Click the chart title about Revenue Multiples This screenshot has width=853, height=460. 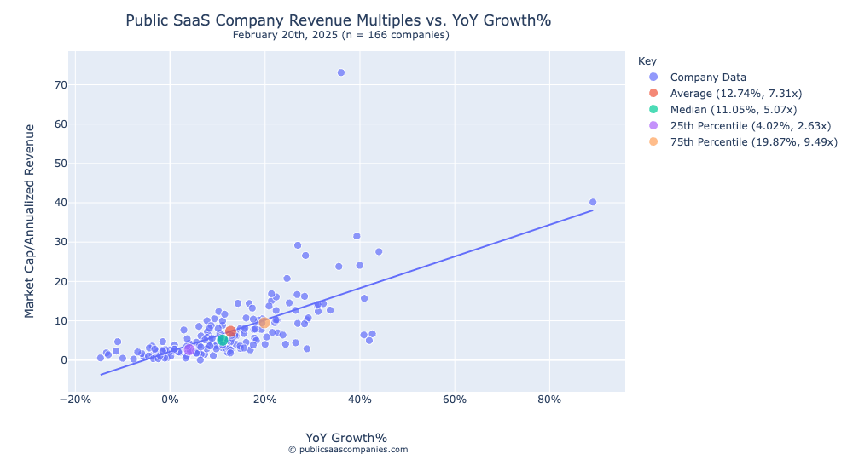(344, 20)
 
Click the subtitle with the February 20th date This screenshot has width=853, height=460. (340, 35)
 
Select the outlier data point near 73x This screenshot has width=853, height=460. (341, 72)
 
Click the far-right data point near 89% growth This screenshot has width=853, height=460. (593, 203)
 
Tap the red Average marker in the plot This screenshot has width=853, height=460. (230, 331)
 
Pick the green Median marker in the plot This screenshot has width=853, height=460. (223, 340)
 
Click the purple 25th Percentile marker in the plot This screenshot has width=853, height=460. (189, 349)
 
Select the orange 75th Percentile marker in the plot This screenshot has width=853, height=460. (264, 323)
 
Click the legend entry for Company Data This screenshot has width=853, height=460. (708, 78)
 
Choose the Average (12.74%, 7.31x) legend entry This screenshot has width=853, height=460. (735, 94)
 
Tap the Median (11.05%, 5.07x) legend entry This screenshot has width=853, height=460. (734, 110)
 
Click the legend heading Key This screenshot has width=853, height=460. (647, 61)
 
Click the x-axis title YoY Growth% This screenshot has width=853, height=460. (346, 438)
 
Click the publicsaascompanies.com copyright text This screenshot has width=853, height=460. (347, 450)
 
